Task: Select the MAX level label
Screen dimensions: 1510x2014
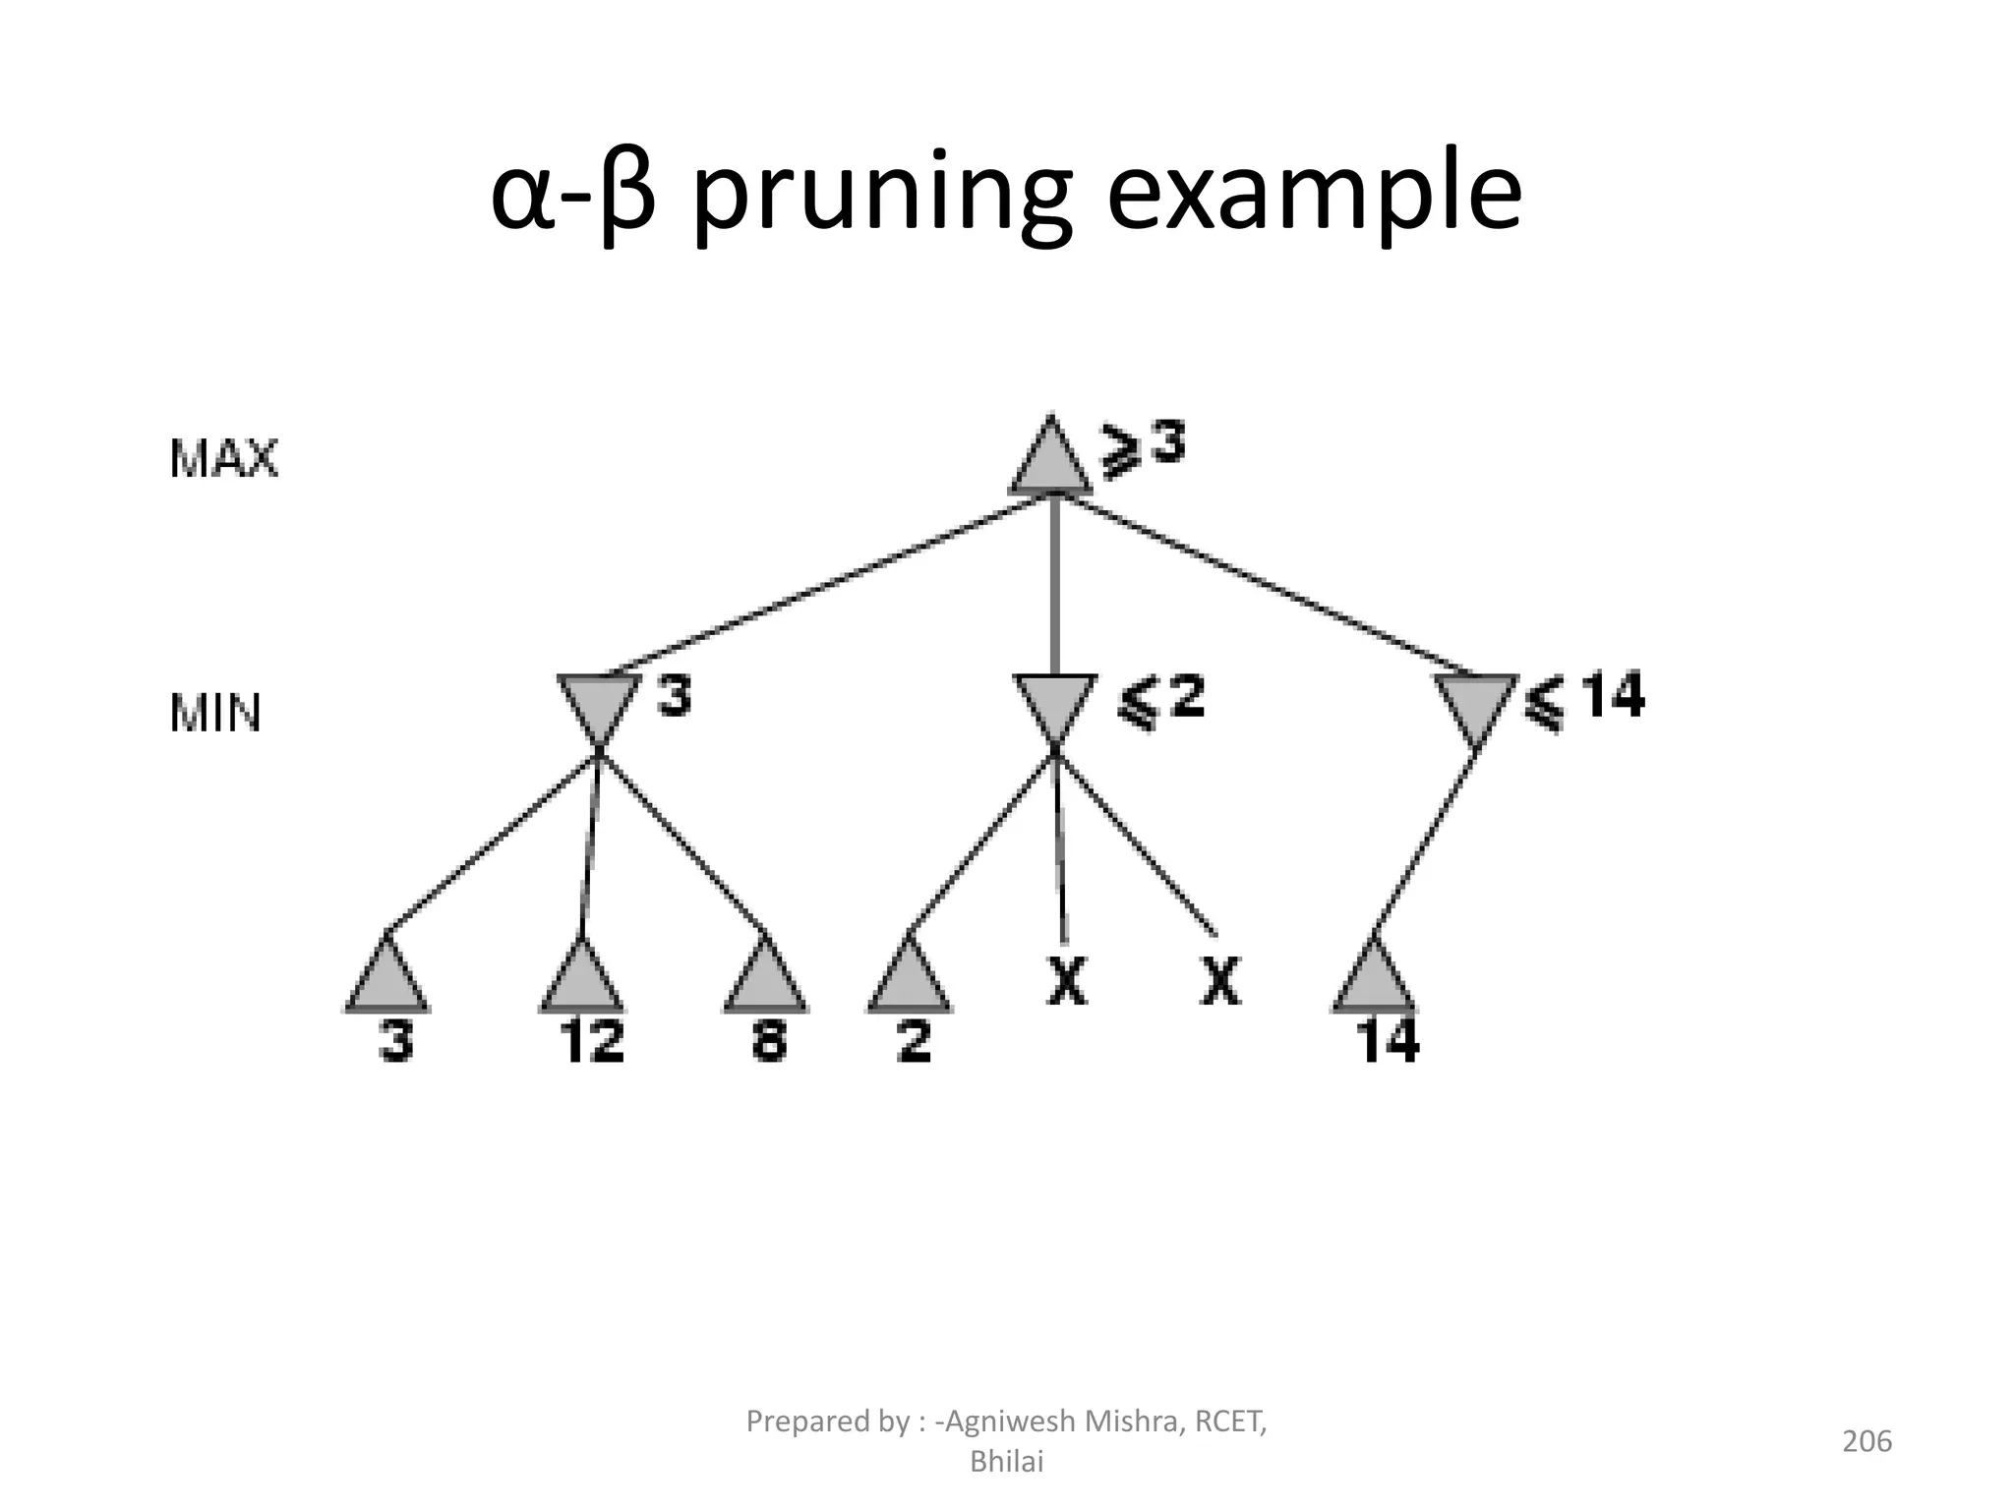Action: (x=223, y=459)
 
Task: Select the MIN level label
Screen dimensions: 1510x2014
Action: (x=215, y=714)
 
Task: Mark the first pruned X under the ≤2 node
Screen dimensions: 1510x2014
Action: (x=1067, y=980)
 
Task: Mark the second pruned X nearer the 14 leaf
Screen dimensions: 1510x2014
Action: (x=1220, y=980)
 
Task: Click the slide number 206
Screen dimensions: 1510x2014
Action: (x=1866, y=1441)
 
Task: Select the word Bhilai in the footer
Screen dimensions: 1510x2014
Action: (x=1006, y=1462)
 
